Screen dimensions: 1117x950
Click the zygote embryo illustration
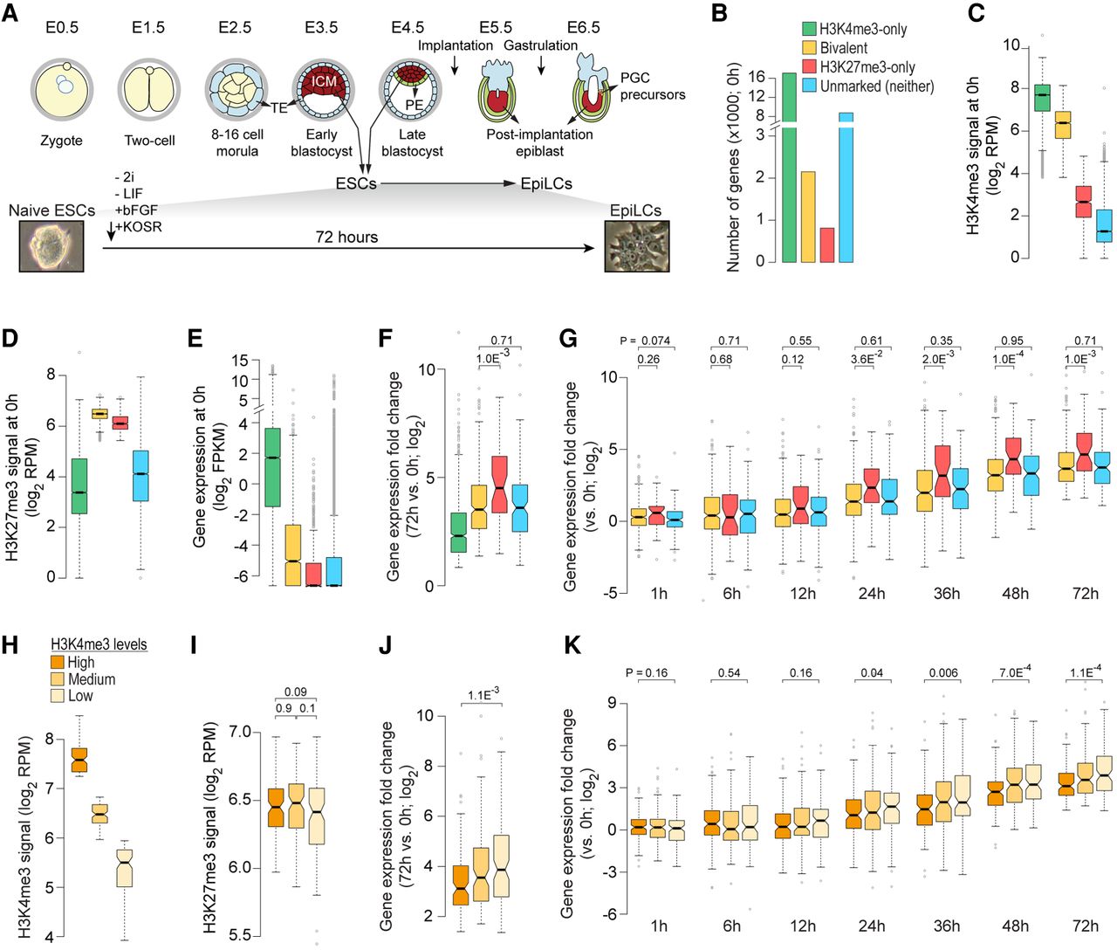62,89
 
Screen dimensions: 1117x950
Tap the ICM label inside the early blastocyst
324,81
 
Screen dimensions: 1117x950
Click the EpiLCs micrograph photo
637,246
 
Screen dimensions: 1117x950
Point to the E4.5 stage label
408,27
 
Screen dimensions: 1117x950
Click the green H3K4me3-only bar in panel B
789,168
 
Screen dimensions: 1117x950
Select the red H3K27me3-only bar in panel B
826,245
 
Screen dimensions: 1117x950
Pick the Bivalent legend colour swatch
809,48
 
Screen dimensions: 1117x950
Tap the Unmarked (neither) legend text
877,86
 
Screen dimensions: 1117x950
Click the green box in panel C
1042,98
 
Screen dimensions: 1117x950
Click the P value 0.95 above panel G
1011,341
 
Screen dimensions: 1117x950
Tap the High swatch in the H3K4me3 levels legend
58,662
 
